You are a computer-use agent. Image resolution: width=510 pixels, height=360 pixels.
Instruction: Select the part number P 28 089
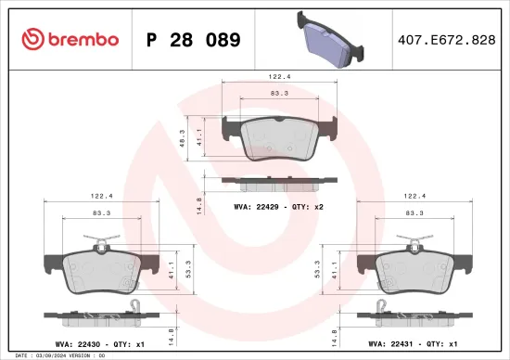193,40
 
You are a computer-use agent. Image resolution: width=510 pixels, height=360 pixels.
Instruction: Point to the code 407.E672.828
447,40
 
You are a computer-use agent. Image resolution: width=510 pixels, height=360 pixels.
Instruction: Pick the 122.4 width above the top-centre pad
270,78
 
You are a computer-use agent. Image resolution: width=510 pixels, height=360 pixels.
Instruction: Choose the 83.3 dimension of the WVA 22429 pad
270,94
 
